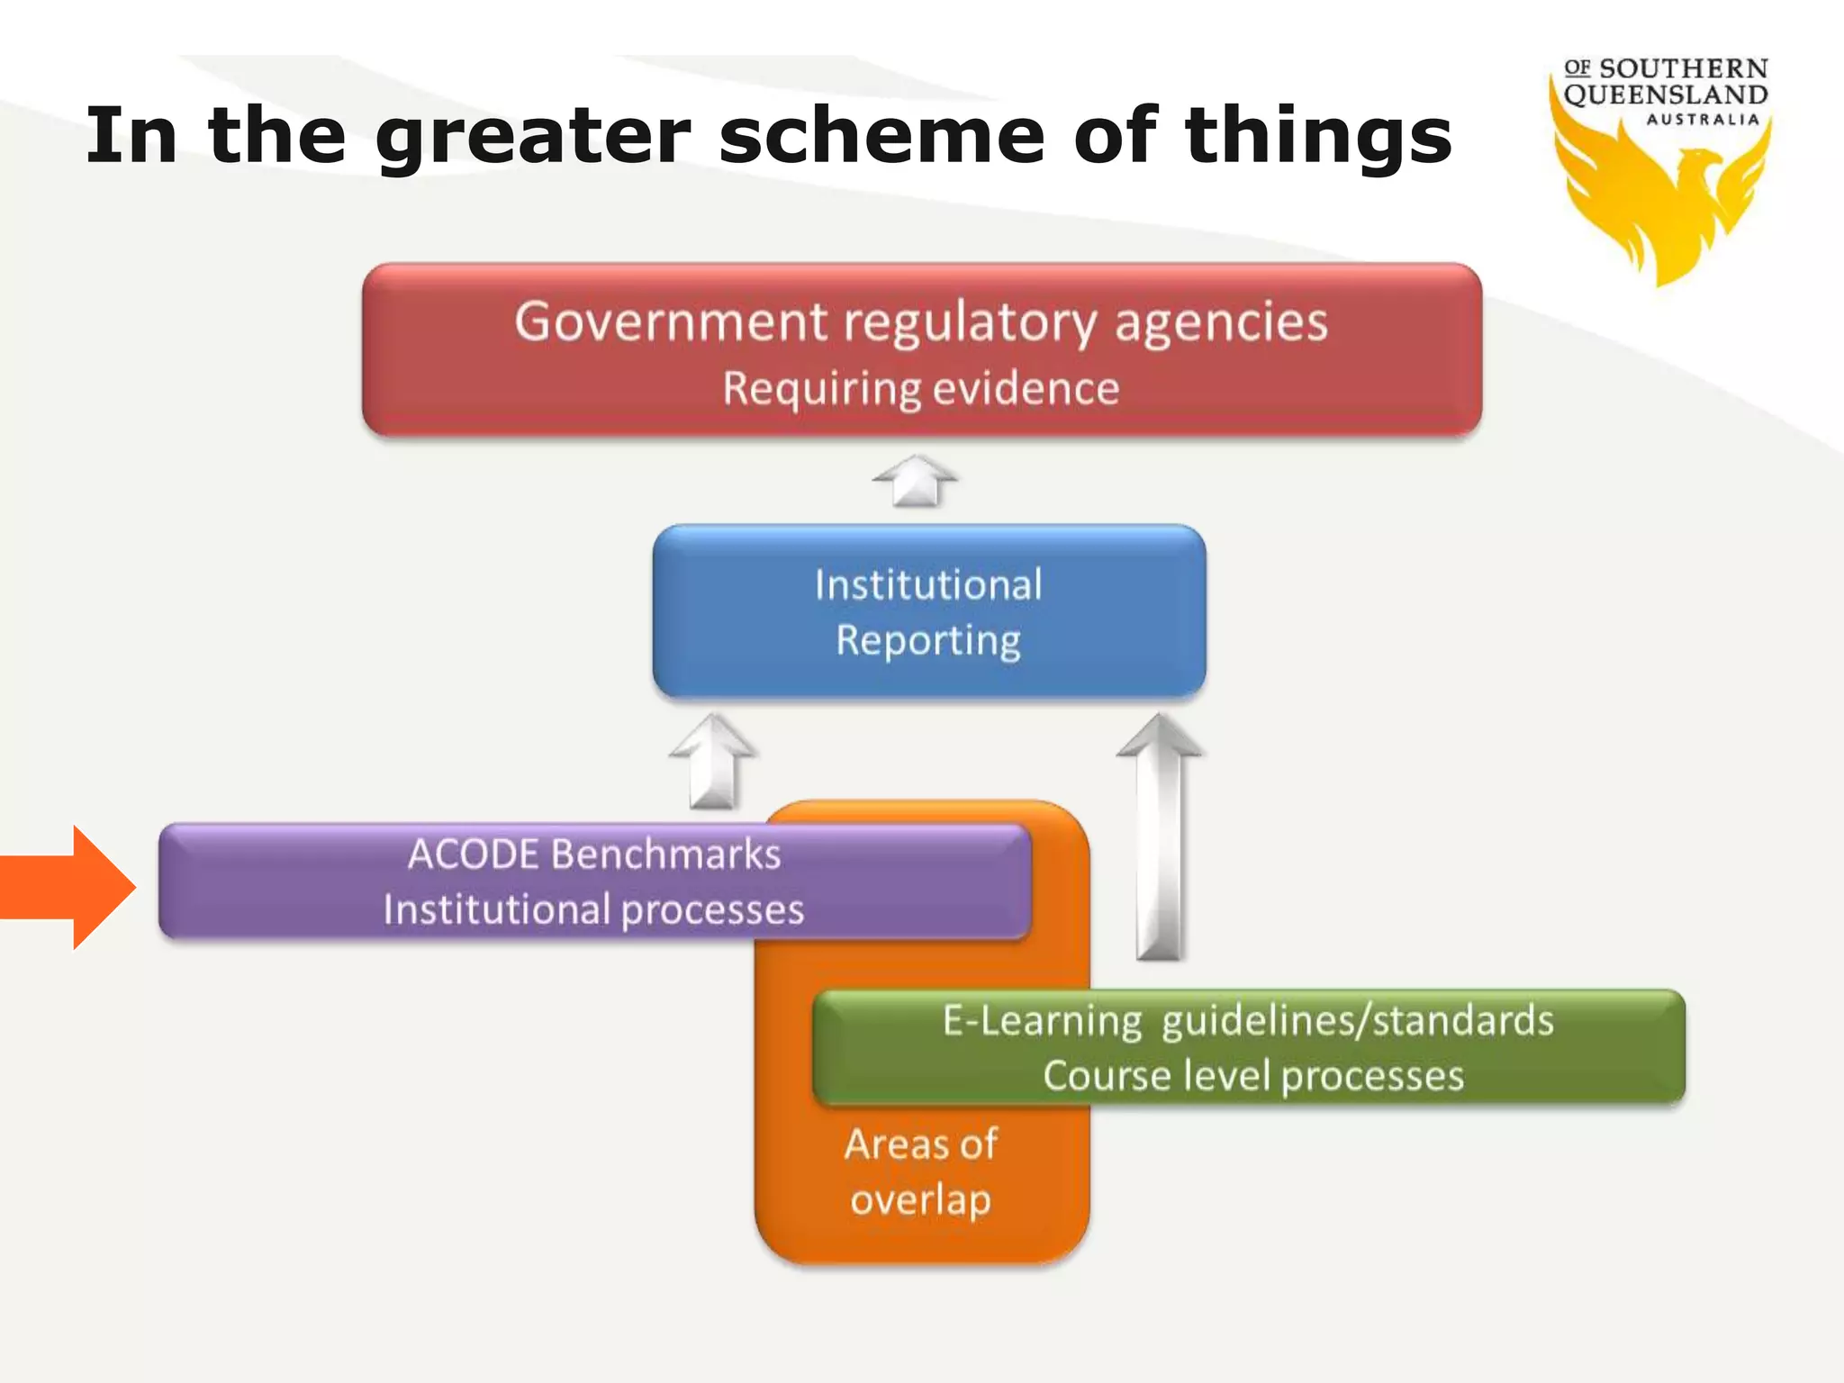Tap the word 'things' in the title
tap(1318, 137)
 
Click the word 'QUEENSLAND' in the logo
tap(1666, 95)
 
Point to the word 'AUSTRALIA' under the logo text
tap(1703, 120)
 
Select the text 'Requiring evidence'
tap(921, 389)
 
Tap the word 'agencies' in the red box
tap(1222, 321)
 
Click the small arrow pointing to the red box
tap(915, 480)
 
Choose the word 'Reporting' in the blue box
tap(928, 640)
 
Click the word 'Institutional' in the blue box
tap(928, 584)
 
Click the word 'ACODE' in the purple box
tap(473, 854)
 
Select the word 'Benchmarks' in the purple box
tap(666, 854)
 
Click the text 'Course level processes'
tap(1253, 1076)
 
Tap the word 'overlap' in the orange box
tap(921, 1200)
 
